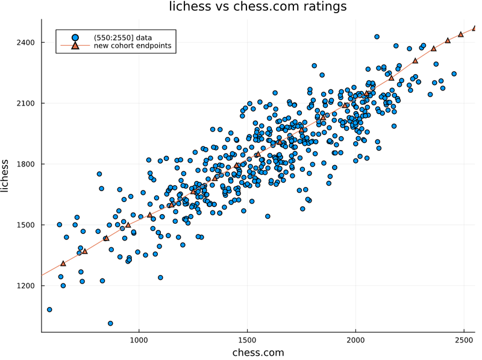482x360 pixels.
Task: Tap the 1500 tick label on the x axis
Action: point(247,340)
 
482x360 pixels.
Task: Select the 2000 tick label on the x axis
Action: point(355,340)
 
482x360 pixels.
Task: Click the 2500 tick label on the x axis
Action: point(463,340)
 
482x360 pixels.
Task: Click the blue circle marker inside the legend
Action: point(75,37)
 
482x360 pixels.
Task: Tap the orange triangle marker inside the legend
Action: point(75,46)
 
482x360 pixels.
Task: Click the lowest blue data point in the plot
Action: point(110,323)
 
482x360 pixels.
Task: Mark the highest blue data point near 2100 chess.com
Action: point(377,37)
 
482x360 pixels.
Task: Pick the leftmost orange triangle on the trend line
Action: point(63,264)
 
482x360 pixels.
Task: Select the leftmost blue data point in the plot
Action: point(49,309)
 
